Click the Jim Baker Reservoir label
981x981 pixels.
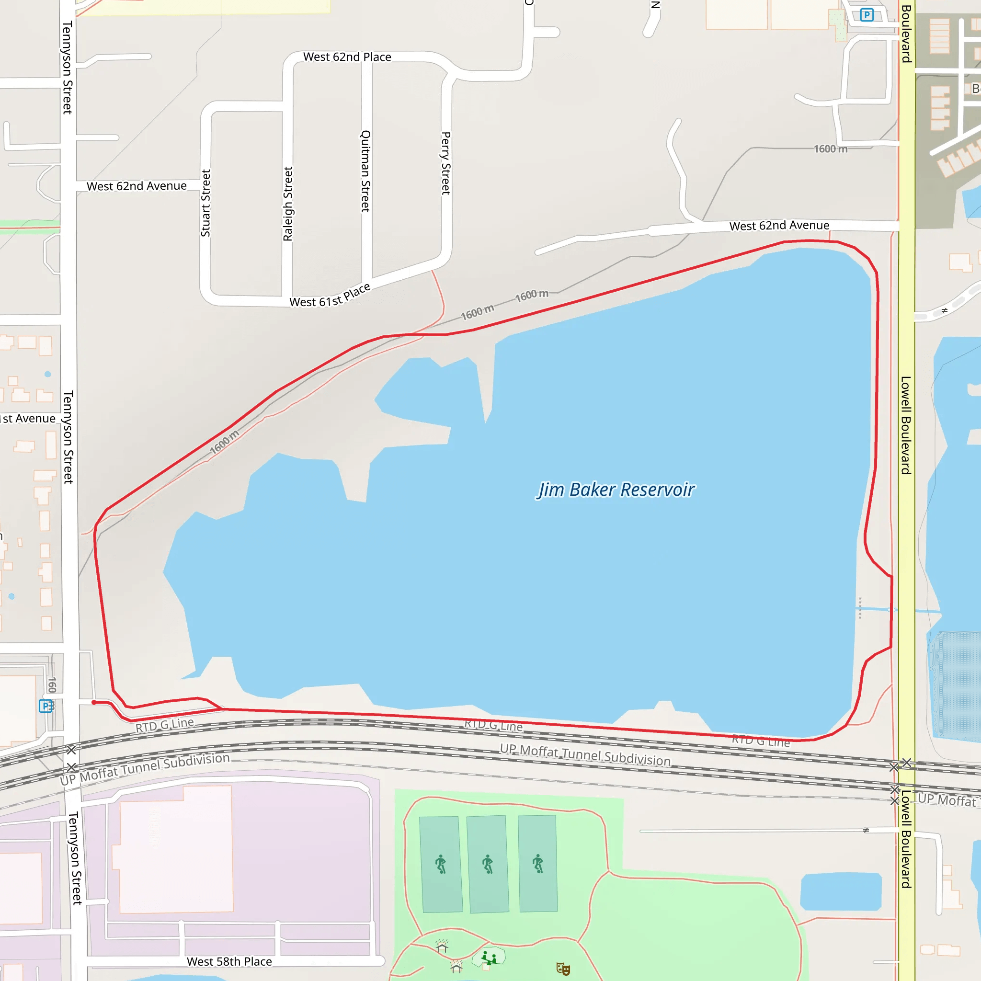point(616,490)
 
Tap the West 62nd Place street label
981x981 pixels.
point(347,57)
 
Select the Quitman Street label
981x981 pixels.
point(365,171)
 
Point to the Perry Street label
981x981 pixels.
point(446,163)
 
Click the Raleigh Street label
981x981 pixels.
point(288,204)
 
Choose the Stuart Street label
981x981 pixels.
point(205,203)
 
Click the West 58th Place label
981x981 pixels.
point(229,961)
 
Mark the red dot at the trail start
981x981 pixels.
point(94,702)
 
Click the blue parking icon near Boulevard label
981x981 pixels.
point(867,15)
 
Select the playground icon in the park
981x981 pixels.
point(489,958)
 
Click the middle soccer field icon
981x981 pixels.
point(488,864)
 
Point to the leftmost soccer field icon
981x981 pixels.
point(441,864)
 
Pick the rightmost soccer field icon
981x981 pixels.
point(538,864)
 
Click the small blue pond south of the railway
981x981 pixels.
point(840,891)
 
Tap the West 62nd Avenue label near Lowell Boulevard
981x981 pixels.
point(779,226)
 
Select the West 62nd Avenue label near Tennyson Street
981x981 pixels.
point(137,186)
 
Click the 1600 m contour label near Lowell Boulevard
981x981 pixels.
point(831,149)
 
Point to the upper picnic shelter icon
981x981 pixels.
point(442,946)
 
